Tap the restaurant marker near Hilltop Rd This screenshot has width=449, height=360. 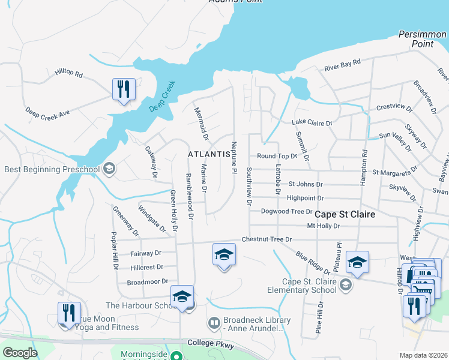coord(124,90)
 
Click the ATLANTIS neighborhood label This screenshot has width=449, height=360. coord(209,154)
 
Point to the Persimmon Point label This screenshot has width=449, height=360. coord(423,40)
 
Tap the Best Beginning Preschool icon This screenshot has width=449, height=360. coord(109,169)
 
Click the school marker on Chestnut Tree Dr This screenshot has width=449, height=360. coord(224,255)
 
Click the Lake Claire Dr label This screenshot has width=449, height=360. coord(312,123)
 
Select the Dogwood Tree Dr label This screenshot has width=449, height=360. coord(286,211)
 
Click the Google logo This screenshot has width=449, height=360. coord(19,352)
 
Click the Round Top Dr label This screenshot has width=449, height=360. coord(277,156)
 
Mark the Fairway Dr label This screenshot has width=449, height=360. coord(146,254)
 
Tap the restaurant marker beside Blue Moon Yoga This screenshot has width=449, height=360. coord(69,313)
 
